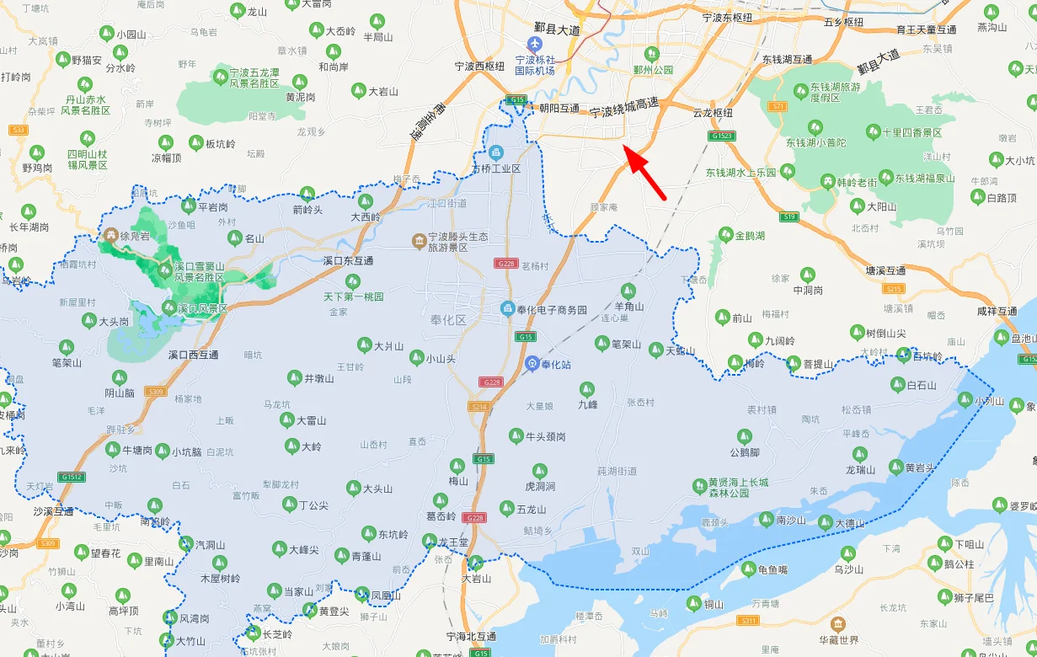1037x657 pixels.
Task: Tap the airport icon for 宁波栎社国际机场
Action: pos(534,44)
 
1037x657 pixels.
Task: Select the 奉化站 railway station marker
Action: pos(532,364)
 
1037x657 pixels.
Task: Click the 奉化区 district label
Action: pos(448,319)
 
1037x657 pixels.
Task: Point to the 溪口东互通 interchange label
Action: pos(348,261)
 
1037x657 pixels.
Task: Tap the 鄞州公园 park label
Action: pos(654,70)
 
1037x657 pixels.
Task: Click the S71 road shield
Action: pos(778,106)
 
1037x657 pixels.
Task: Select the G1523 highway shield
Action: pos(722,136)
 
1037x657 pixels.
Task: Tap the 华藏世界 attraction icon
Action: pos(837,624)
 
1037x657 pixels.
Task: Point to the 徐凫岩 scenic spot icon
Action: pos(110,235)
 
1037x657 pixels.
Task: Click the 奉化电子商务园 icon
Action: pos(507,309)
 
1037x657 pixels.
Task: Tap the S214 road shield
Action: pos(478,406)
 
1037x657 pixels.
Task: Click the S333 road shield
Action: pos(19,130)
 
